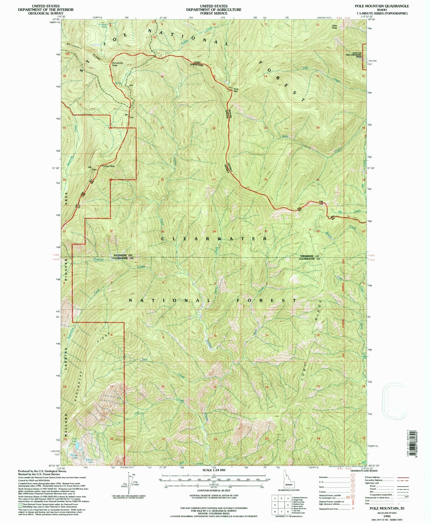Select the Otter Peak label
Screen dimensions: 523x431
334,27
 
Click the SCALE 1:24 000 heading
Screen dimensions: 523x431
214,470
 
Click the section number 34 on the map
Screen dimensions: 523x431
214,231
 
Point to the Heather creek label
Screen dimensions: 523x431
99,259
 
